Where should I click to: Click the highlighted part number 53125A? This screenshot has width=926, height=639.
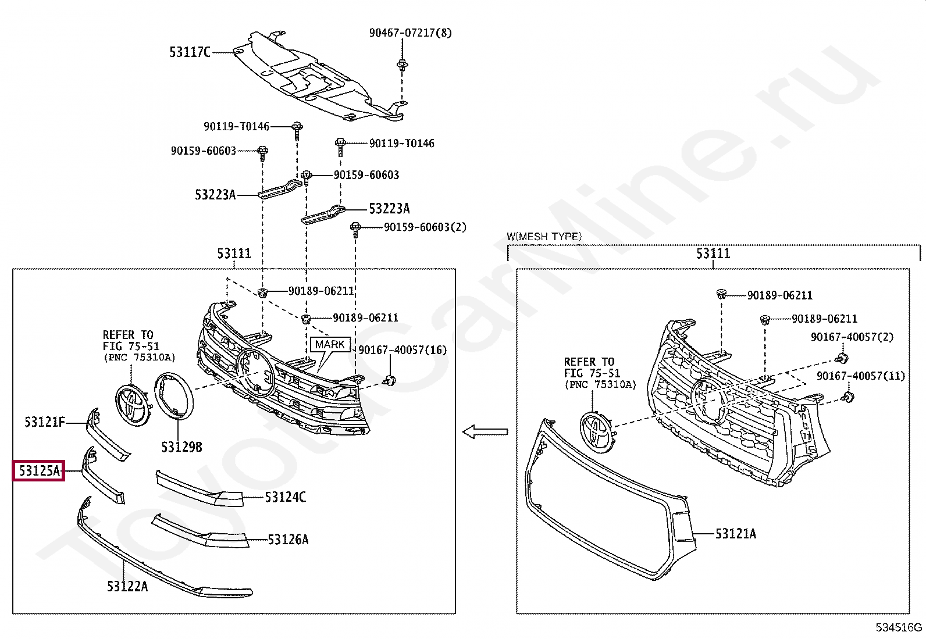(x=39, y=471)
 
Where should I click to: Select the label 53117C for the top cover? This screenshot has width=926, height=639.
(x=190, y=52)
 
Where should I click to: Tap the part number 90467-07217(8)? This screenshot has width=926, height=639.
(x=410, y=33)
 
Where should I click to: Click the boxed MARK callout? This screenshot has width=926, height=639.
(x=330, y=345)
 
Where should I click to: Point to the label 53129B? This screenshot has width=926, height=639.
(x=181, y=447)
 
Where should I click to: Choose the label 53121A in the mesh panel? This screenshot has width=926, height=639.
(x=735, y=533)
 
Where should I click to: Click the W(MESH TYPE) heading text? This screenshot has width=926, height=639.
(x=544, y=237)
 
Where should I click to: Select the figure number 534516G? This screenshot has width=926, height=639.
(x=899, y=627)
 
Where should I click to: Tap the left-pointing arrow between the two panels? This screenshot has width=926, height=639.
(x=485, y=431)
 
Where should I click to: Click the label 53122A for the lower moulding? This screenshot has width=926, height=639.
(x=127, y=586)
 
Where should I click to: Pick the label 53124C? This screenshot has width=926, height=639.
(x=285, y=497)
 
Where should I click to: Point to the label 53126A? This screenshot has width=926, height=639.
(x=288, y=540)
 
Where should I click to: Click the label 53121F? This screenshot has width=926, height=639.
(x=45, y=422)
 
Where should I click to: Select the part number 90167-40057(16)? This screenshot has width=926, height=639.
(x=402, y=350)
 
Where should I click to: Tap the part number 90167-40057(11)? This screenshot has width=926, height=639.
(x=860, y=376)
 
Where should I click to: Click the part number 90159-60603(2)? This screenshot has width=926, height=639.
(x=425, y=227)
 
